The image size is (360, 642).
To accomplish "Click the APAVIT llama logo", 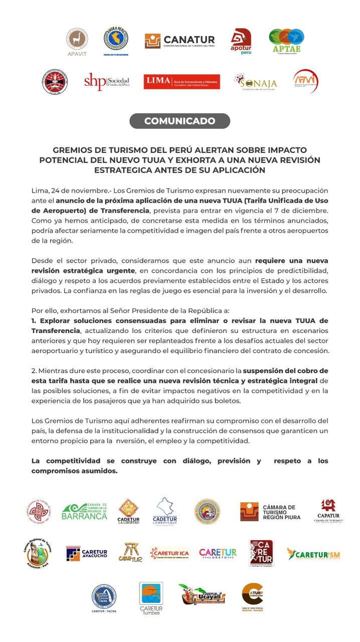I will (77, 41).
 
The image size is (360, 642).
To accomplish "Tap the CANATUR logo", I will (179, 41).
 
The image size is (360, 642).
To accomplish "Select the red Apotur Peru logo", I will (241, 42).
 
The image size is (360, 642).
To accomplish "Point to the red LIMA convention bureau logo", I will (182, 82).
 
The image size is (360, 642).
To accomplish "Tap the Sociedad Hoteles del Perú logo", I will (106, 81).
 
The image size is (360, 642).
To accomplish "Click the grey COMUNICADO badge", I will (179, 121).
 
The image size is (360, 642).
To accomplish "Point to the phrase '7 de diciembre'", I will (304, 210).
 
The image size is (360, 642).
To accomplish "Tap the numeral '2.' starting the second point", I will (34, 371).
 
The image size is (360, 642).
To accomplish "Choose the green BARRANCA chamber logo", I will (84, 512).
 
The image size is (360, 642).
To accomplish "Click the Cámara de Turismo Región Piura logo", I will (270, 512).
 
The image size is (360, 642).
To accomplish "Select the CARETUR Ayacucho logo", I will (87, 553).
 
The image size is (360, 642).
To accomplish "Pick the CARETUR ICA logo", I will (169, 554).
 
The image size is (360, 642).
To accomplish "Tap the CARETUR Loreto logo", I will (218, 553).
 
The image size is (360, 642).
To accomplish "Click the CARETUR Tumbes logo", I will (151, 598).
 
